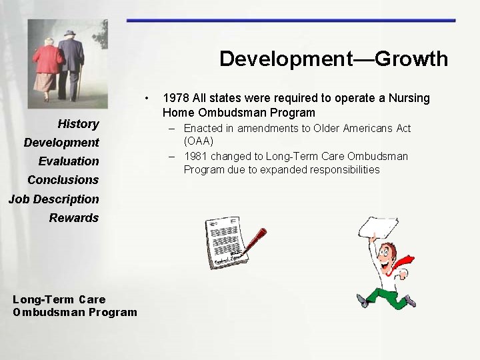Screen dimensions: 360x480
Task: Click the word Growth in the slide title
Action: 411,59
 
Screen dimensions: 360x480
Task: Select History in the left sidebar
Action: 78,123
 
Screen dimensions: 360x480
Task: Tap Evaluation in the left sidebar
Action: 69,161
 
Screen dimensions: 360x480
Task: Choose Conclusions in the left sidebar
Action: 63,179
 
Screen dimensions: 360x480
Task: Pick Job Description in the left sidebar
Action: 53,199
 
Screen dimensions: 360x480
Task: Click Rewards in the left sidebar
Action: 73,217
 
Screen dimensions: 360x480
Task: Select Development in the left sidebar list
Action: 61,142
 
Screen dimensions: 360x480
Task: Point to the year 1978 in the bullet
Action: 175,99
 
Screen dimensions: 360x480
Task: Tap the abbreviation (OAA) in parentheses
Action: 199,141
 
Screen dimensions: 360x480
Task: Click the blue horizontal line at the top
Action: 291,21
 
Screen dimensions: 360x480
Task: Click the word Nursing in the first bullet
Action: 407,99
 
